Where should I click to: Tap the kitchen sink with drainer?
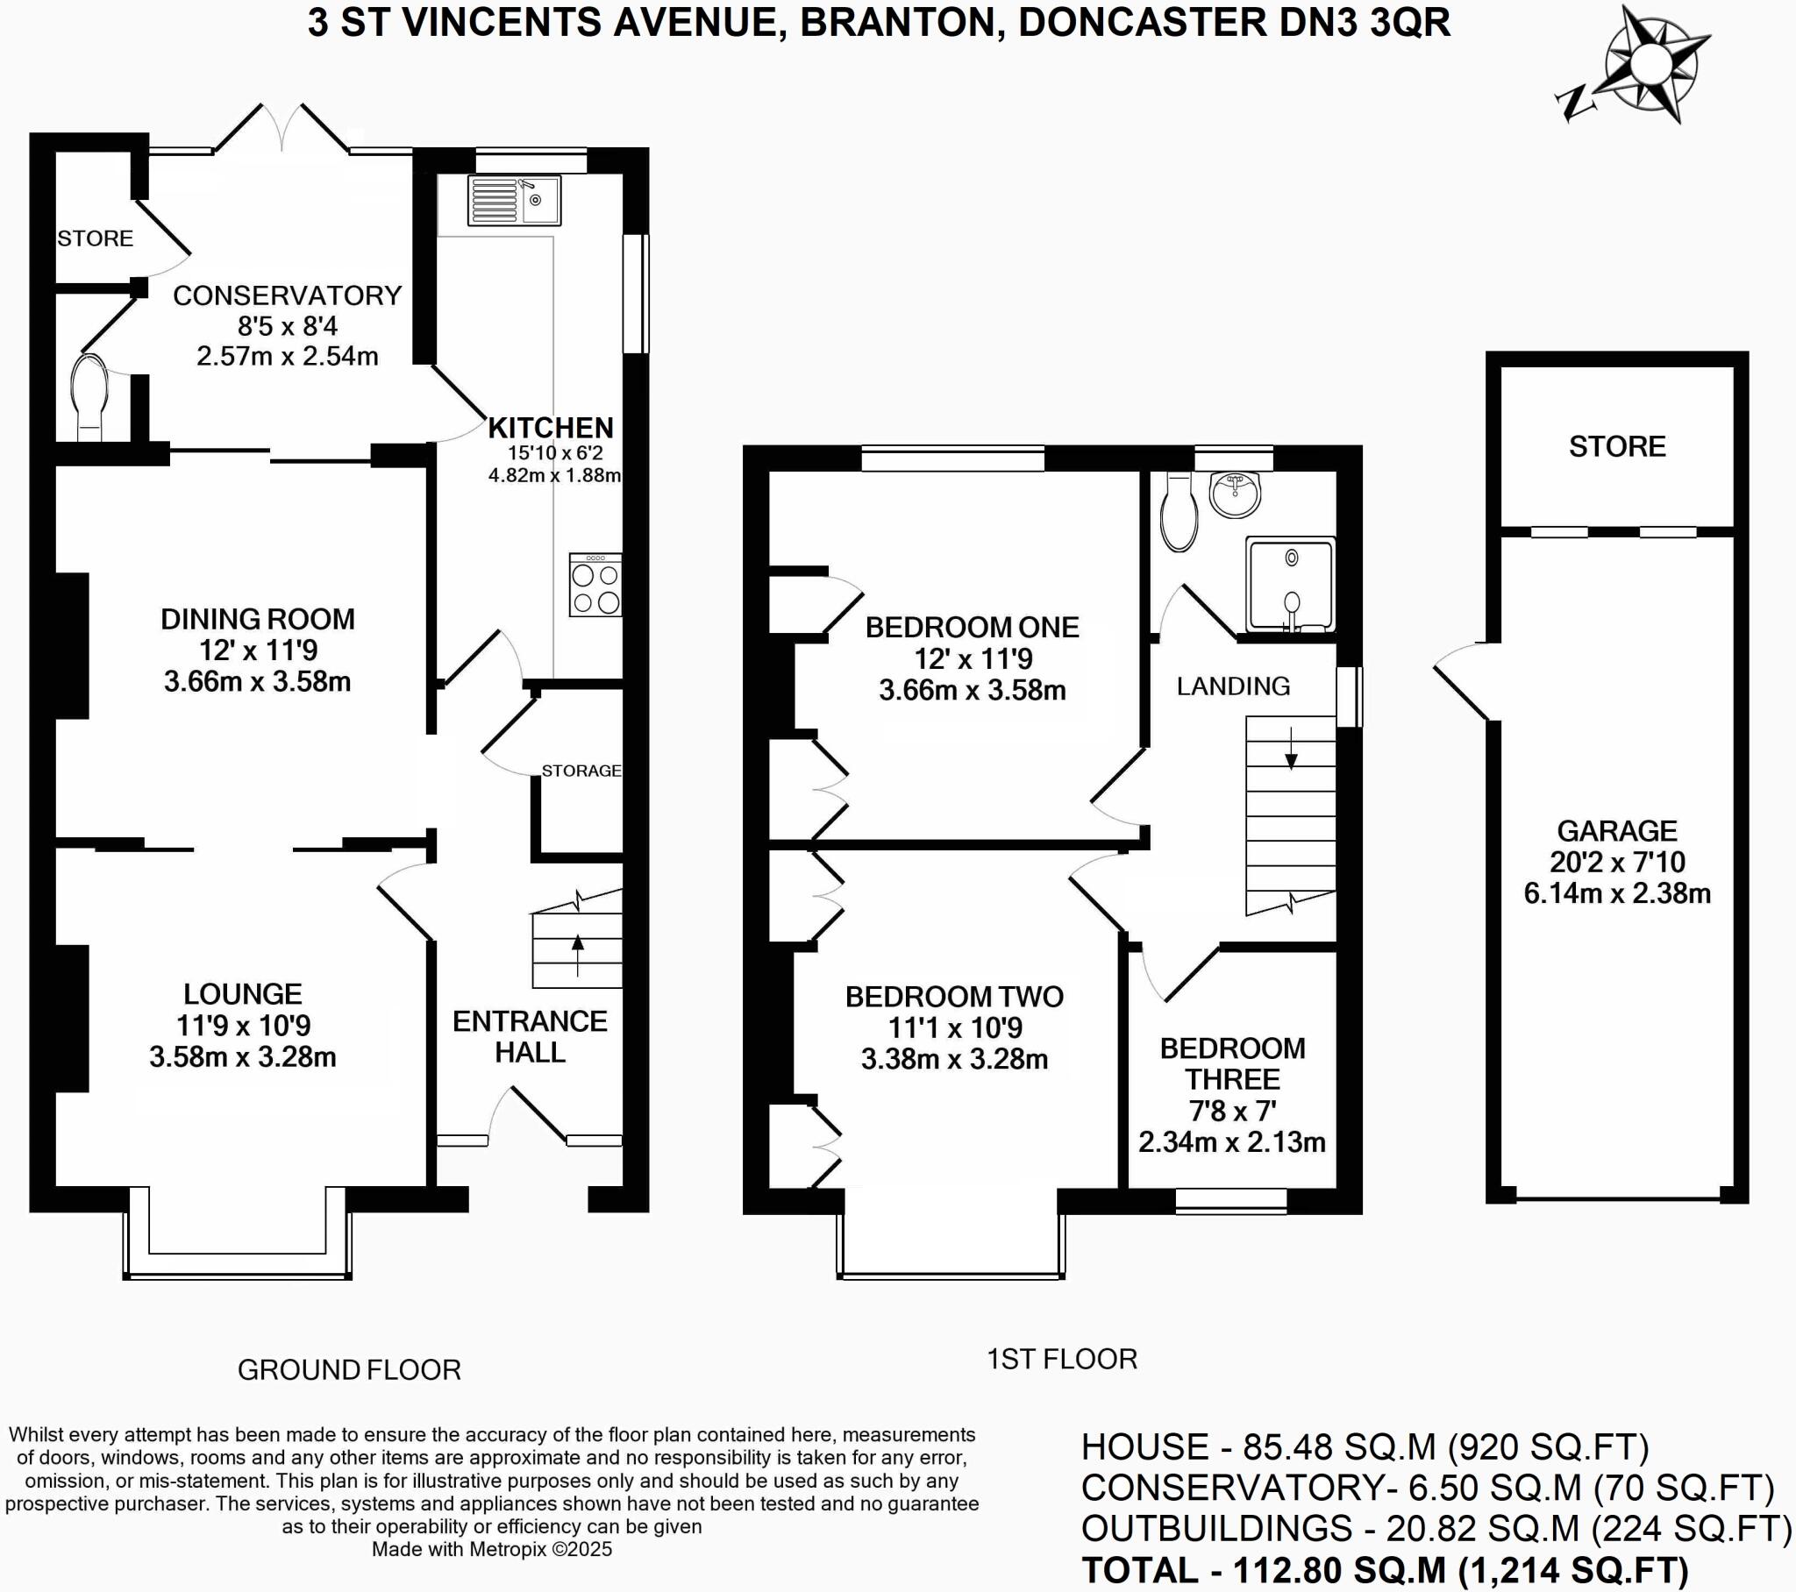tap(514, 201)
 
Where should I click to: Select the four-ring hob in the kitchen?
tap(595, 584)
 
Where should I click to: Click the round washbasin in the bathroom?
tap(1236, 494)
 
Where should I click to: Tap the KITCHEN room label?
tap(551, 428)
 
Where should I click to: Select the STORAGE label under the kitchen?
tap(581, 771)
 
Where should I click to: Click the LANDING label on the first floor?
tap(1233, 686)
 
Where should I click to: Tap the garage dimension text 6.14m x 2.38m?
tap(1617, 893)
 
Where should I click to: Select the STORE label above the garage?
tap(1617, 446)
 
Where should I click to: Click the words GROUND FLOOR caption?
tap(349, 1369)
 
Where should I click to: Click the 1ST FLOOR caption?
tap(1061, 1359)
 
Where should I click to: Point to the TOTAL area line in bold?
tap(1385, 1570)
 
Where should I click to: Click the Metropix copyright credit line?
tap(491, 1549)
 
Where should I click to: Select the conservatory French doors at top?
tap(282, 130)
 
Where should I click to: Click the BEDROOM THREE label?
tap(1232, 1063)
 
